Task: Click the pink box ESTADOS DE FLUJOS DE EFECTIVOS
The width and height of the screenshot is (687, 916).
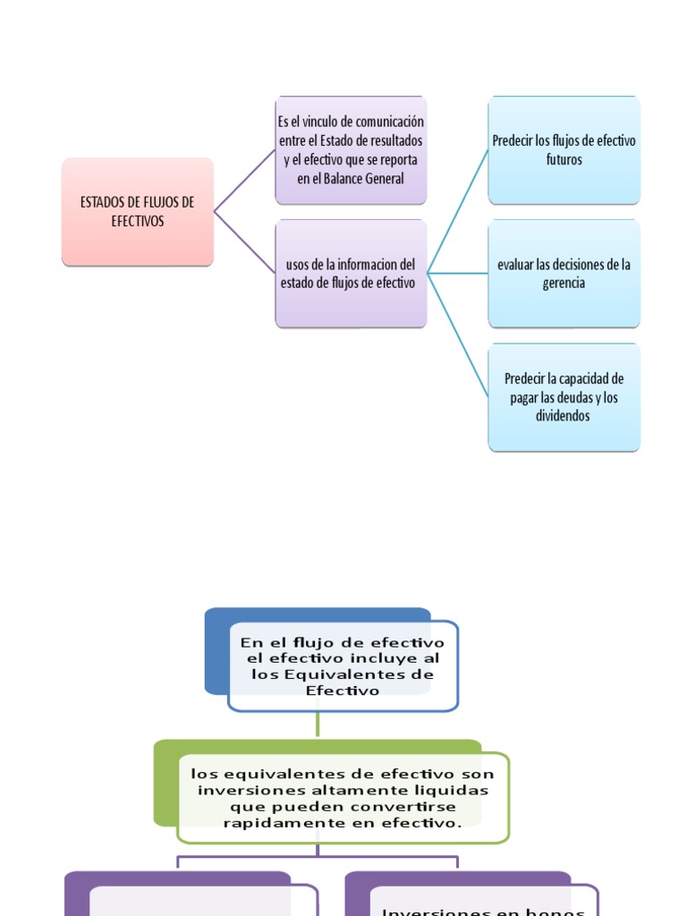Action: [138, 212]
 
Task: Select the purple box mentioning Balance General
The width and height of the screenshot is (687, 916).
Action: [351, 150]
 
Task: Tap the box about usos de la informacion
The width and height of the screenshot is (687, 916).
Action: [351, 274]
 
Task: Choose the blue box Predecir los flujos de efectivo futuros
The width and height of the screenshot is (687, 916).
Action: [564, 150]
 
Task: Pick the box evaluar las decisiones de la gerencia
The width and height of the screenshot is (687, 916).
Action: [564, 274]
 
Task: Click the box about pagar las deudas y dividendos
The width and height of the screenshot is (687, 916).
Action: [564, 397]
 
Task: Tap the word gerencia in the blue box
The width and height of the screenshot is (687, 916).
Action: [564, 284]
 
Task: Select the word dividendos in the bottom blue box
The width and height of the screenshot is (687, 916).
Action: [564, 417]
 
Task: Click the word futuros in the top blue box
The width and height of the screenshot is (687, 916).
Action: [564, 160]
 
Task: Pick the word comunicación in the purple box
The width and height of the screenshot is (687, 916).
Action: [388, 122]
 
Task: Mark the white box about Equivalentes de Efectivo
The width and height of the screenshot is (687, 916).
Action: [343, 666]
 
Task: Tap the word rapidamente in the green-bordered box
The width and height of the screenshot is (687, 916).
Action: [269, 823]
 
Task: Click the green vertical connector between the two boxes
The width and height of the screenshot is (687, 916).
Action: [318, 725]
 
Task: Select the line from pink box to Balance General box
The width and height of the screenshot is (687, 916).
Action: [243, 182]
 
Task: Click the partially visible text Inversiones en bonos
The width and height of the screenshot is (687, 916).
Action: [483, 911]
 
